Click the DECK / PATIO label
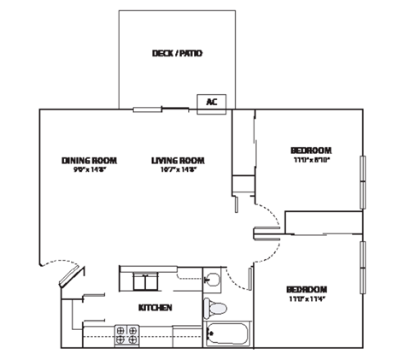pyautogui.click(x=177, y=53)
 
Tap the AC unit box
pyautogui.click(x=211, y=103)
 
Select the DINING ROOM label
pyautogui.click(x=89, y=160)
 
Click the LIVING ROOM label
pyautogui.click(x=179, y=160)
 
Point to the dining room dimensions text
pyautogui.click(x=89, y=170)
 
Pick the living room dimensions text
pyautogui.click(x=179, y=170)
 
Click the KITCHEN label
pyautogui.click(x=155, y=307)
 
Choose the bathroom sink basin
pyautogui.click(x=214, y=279)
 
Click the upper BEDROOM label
pyautogui.click(x=311, y=150)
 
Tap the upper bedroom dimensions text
pyautogui.click(x=311, y=159)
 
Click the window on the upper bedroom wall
pyautogui.click(x=363, y=180)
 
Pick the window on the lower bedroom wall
pyautogui.click(x=363, y=268)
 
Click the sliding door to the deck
pyautogui.click(x=161, y=109)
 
